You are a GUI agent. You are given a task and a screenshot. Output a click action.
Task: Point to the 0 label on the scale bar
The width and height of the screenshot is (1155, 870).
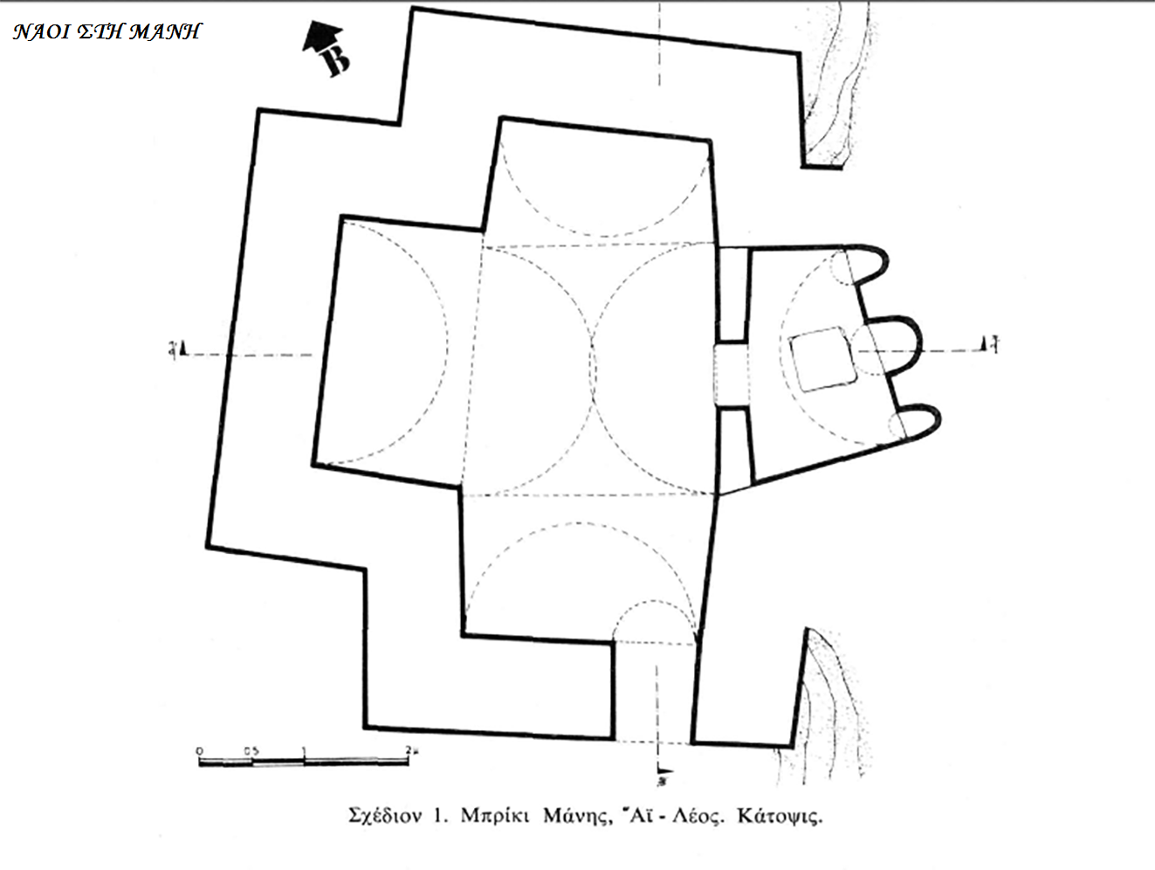pyautogui.click(x=199, y=750)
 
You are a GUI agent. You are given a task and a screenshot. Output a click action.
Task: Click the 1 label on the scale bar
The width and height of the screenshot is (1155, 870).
pyautogui.click(x=304, y=750)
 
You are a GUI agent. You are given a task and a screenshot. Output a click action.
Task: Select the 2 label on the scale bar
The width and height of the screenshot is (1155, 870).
pyautogui.click(x=409, y=750)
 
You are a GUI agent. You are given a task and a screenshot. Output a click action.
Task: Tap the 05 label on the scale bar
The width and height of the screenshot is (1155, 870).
pyautogui.click(x=251, y=750)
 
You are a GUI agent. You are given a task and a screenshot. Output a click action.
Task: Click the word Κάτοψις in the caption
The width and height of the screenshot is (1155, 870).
pyautogui.click(x=779, y=818)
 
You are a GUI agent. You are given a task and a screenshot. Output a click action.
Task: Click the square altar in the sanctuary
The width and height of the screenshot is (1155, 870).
pyautogui.click(x=821, y=359)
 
